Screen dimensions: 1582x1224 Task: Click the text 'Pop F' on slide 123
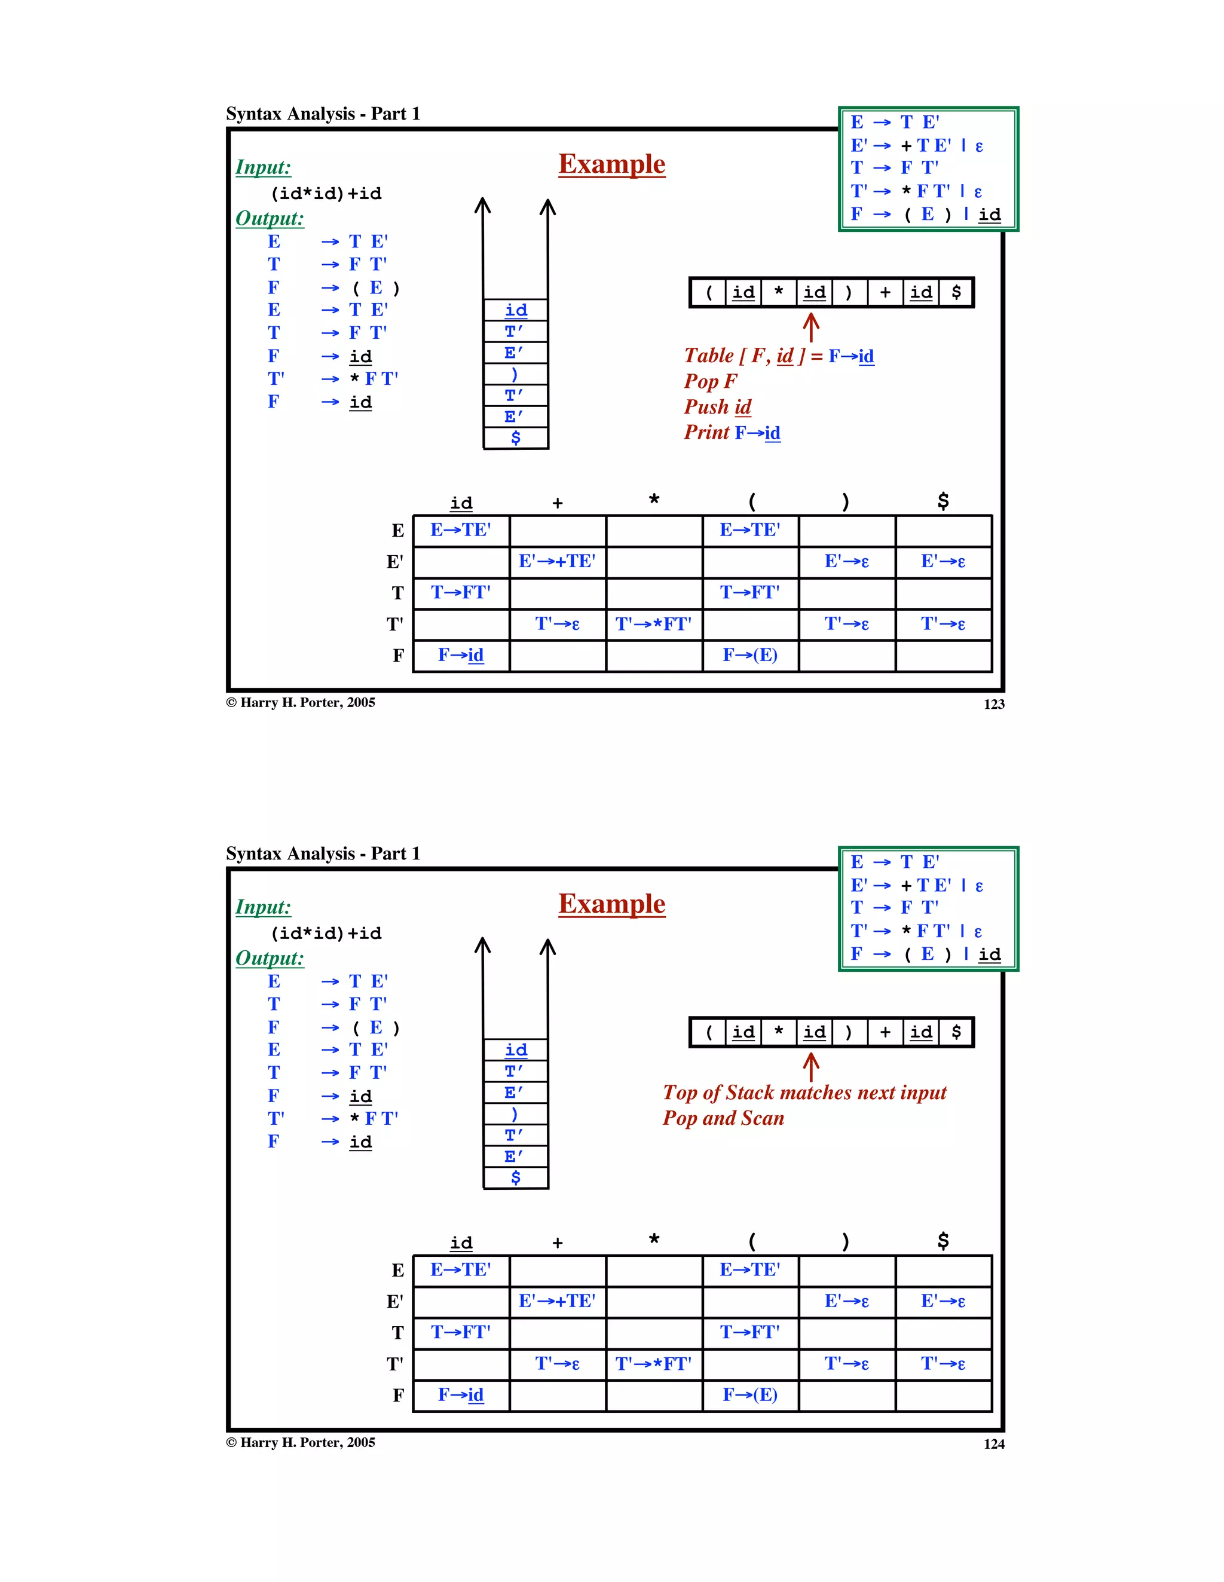[x=710, y=381]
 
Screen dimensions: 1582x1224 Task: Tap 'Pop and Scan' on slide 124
[x=723, y=1118]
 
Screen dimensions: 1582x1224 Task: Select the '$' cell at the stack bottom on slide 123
[x=515, y=437]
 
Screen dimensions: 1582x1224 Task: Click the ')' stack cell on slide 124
[x=515, y=1113]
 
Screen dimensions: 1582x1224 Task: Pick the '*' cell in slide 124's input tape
[x=779, y=1032]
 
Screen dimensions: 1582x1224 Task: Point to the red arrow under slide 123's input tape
[x=810, y=327]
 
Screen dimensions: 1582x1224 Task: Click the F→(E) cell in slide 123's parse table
[x=749, y=656]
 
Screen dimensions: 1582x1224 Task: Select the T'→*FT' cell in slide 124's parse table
[x=653, y=1364]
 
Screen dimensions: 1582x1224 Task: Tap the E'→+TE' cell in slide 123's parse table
[x=557, y=561]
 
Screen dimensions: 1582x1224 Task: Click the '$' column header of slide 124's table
[x=943, y=1241]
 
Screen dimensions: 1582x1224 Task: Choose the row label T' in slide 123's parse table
[x=394, y=625]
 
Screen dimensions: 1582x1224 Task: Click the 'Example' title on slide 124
[x=611, y=904]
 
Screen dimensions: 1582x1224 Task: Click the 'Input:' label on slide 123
[x=263, y=167]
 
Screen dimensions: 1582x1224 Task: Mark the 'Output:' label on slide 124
[x=270, y=957]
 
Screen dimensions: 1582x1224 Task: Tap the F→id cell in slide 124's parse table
[x=461, y=1395]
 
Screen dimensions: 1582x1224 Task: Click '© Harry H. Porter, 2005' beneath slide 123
[x=301, y=703]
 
